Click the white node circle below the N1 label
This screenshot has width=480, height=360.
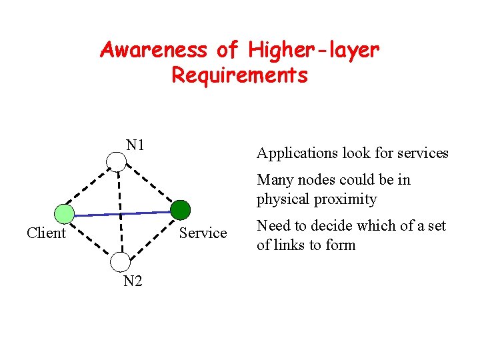pyautogui.click(x=117, y=161)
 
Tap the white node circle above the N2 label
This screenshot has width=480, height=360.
pyautogui.click(x=120, y=262)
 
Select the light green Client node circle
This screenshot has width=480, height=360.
pyautogui.click(x=65, y=214)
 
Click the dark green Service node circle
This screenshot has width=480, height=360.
pyautogui.click(x=181, y=209)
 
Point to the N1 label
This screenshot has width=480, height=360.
pyautogui.click(x=136, y=145)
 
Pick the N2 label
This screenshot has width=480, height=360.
pyautogui.click(x=133, y=281)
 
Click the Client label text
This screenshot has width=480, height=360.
pyautogui.click(x=46, y=233)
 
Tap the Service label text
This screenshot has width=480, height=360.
pyautogui.click(x=203, y=233)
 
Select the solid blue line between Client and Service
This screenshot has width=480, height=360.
pyautogui.click(x=123, y=213)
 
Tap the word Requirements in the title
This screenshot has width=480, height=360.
pyautogui.click(x=239, y=75)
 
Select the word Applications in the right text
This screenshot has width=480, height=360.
pyautogui.click(x=297, y=153)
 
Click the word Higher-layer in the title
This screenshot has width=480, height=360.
pyautogui.click(x=314, y=50)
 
